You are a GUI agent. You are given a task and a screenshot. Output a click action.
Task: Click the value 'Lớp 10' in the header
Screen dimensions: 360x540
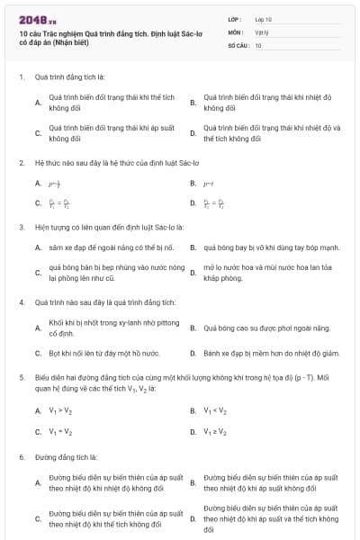tap(264, 18)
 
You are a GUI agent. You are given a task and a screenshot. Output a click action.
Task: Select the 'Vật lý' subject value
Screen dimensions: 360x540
tap(262, 31)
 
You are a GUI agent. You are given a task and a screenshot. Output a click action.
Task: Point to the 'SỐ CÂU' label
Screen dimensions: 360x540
tap(237, 44)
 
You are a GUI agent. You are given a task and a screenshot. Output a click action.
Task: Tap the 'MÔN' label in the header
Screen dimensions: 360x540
tap(235, 31)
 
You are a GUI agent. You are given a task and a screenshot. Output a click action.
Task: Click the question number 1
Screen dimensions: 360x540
tap(21, 76)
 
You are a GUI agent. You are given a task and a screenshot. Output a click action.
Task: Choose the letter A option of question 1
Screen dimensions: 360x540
tap(38, 103)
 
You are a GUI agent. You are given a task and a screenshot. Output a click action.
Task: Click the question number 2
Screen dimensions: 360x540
tap(21, 163)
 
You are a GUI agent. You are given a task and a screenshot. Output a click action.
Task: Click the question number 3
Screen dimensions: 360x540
tap(21, 227)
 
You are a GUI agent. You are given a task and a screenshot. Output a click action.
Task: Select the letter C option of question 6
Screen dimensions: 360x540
tap(38, 518)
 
